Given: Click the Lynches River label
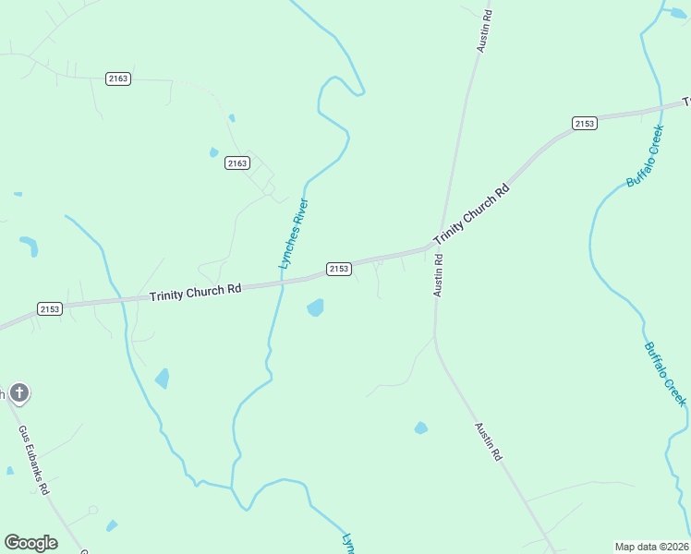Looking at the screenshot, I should click(294, 235).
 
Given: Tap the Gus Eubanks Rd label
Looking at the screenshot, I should click(33, 460).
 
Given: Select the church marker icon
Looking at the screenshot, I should click(18, 394).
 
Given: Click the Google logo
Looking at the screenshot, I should click(30, 543).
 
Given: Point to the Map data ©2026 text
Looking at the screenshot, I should click(651, 547).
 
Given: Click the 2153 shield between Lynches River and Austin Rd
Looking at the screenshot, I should click(339, 269).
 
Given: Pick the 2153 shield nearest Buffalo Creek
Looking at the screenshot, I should click(584, 124).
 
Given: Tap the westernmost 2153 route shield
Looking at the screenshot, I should click(50, 308).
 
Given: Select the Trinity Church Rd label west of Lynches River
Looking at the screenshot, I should click(195, 290).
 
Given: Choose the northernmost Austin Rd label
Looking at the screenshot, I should click(483, 29).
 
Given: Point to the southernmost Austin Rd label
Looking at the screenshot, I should click(488, 442).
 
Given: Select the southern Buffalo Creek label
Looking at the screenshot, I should click(665, 374).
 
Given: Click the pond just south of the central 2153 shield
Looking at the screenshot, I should click(315, 307).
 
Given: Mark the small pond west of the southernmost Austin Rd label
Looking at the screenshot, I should click(421, 428).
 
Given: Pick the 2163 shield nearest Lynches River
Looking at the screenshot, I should click(236, 163).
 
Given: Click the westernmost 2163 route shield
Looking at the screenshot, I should click(118, 78).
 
